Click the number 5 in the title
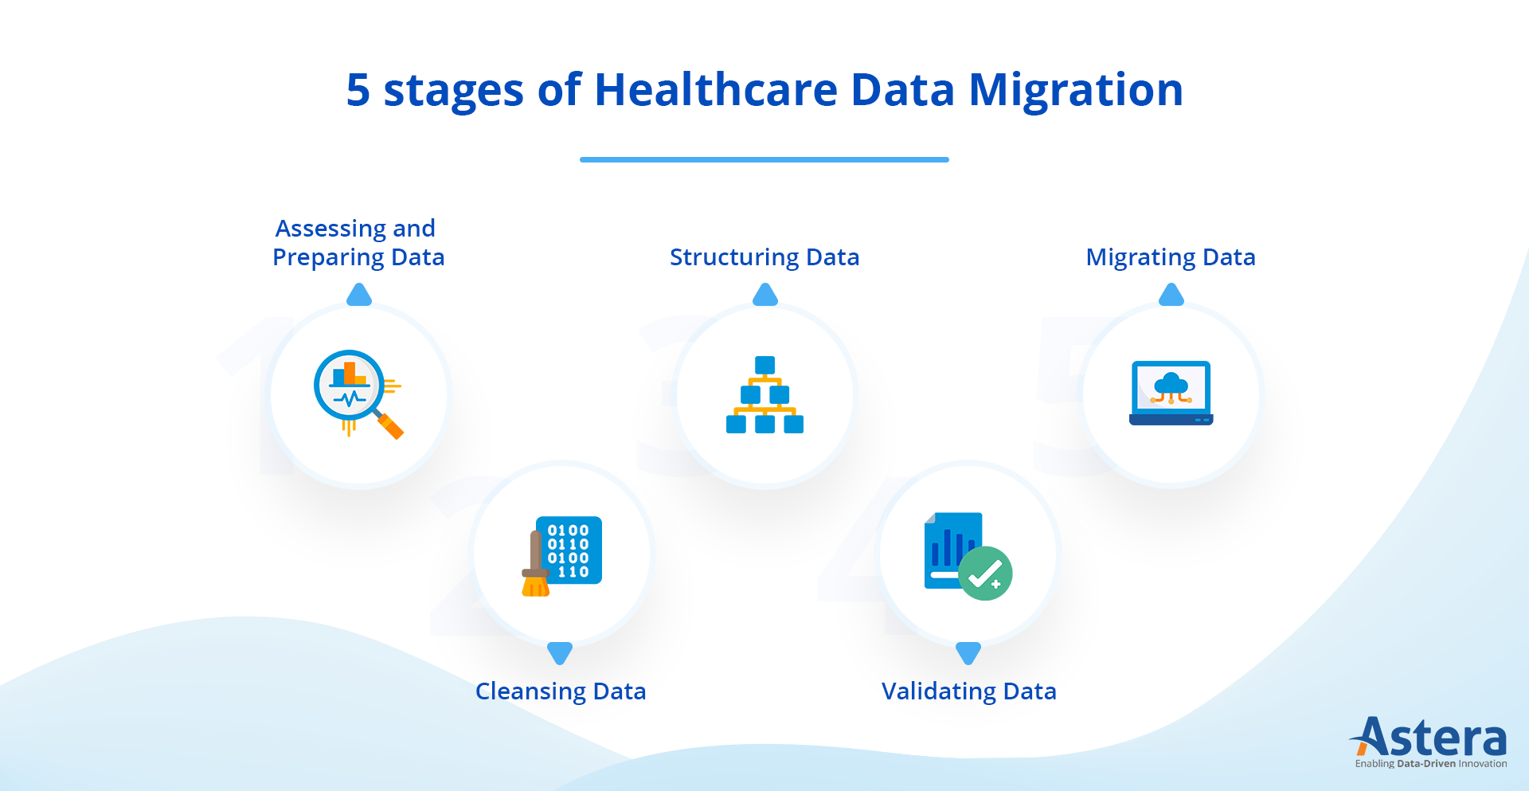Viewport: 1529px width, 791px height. tap(358, 90)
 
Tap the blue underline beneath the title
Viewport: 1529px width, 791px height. tap(764, 159)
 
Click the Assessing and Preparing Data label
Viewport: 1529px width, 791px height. tap(358, 243)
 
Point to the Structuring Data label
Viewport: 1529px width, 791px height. tap(764, 257)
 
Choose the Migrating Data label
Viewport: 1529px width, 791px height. tap(1170, 257)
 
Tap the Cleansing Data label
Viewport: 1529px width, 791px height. tap(560, 691)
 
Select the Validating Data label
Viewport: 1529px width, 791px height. tap(968, 691)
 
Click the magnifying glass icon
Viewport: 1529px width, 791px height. tap(351, 387)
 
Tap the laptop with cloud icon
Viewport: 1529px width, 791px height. tap(1171, 393)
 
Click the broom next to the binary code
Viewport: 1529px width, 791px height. tap(535, 566)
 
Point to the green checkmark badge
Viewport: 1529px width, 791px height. tap(985, 574)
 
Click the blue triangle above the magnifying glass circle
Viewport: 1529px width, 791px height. tap(359, 296)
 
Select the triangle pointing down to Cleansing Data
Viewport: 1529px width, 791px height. tap(560, 652)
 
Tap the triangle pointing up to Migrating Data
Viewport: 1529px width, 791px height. tap(1171, 296)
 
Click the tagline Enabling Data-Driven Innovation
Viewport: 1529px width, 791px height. tap(1430, 764)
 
